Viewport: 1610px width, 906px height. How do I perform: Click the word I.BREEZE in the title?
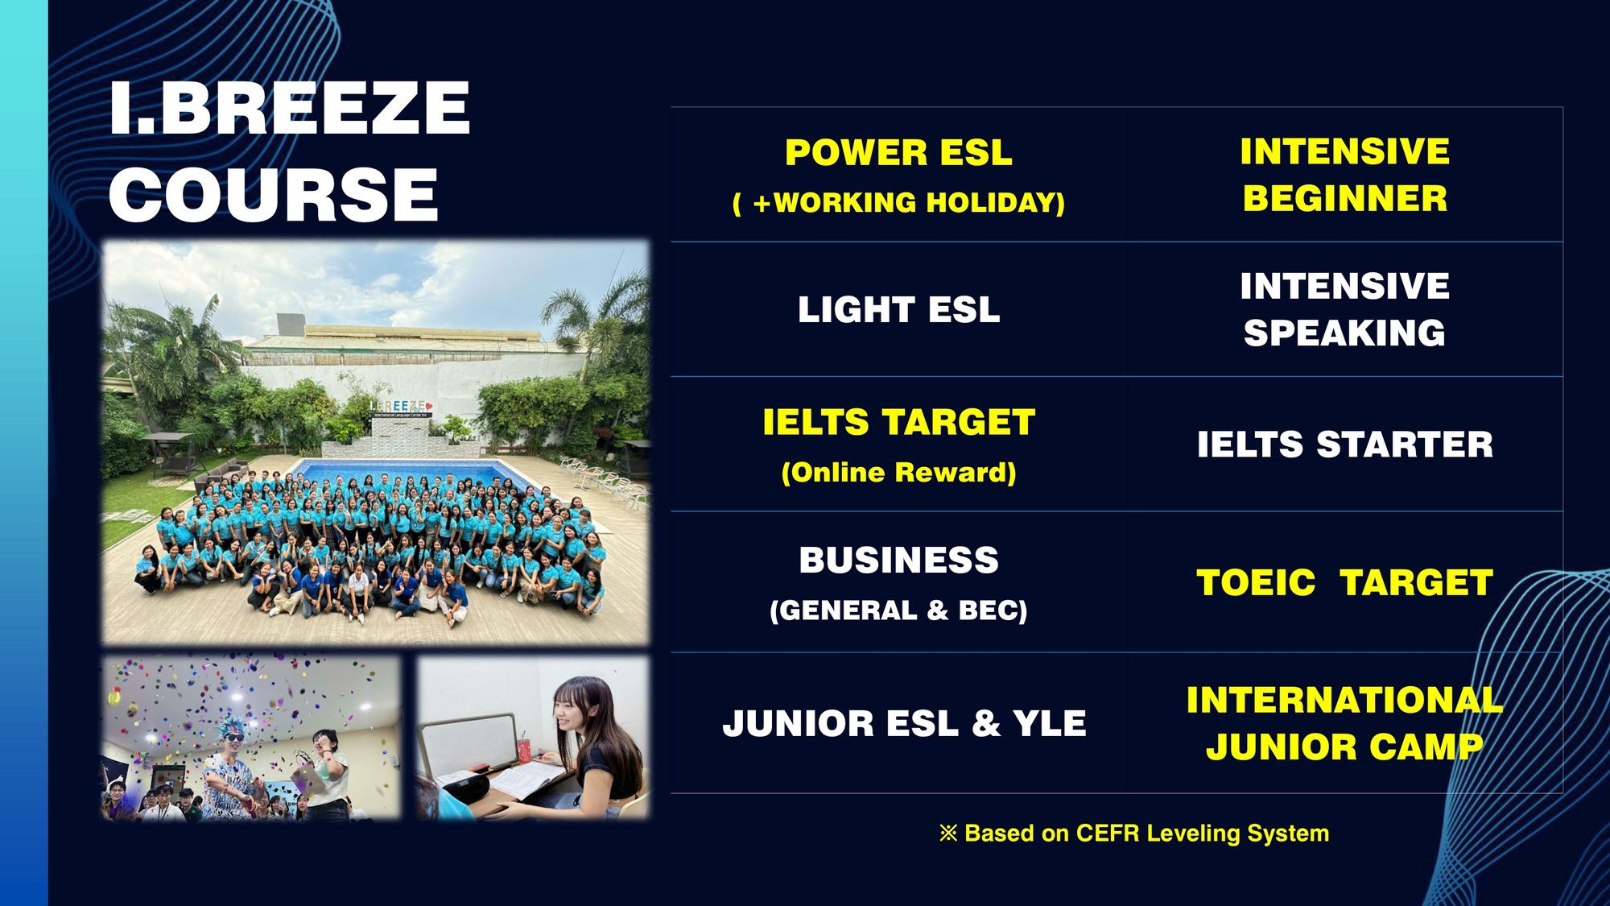click(290, 108)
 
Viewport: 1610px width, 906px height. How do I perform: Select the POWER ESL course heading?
click(898, 153)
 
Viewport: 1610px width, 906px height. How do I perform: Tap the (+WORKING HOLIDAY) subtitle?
click(898, 202)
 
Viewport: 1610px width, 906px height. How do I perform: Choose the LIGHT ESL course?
click(898, 310)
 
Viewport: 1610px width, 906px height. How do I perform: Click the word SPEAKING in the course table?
click(1344, 333)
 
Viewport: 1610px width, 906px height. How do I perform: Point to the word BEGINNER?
click(1344, 198)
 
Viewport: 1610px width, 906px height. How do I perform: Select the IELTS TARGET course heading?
click(898, 423)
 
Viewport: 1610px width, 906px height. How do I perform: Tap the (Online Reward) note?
click(898, 472)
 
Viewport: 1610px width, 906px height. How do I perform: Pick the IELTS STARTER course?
click(1344, 445)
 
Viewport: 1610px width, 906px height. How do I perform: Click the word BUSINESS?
click(898, 561)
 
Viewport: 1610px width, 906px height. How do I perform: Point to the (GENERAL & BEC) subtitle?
click(898, 610)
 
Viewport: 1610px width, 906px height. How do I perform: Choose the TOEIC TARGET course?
click(1344, 583)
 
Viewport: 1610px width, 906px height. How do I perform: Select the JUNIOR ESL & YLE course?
click(904, 723)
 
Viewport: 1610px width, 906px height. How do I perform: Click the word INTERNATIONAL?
click(1344, 700)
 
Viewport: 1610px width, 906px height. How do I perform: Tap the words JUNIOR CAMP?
click(1344, 747)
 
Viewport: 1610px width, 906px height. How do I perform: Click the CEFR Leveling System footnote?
click(1133, 833)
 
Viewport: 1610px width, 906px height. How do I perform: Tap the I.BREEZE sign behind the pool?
click(401, 407)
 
